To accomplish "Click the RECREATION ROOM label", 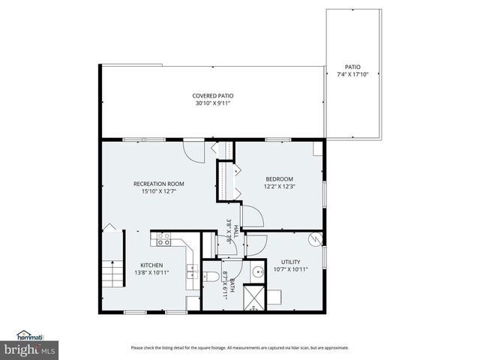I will click(x=158, y=184).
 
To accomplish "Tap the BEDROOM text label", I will click(x=279, y=178).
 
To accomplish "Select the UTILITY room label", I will click(x=291, y=262).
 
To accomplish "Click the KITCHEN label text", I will click(x=152, y=265).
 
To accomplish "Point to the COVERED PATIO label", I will click(x=212, y=96).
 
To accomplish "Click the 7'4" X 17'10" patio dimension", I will click(x=352, y=74).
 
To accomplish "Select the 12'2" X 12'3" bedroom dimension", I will click(x=279, y=187).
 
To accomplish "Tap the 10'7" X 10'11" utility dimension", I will click(x=291, y=269).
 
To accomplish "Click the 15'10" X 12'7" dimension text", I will click(x=158, y=191).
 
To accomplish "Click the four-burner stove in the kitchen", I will click(x=162, y=239).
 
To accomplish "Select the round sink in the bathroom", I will click(x=257, y=272).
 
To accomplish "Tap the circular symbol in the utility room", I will click(x=316, y=239).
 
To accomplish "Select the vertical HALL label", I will click(x=235, y=229).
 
